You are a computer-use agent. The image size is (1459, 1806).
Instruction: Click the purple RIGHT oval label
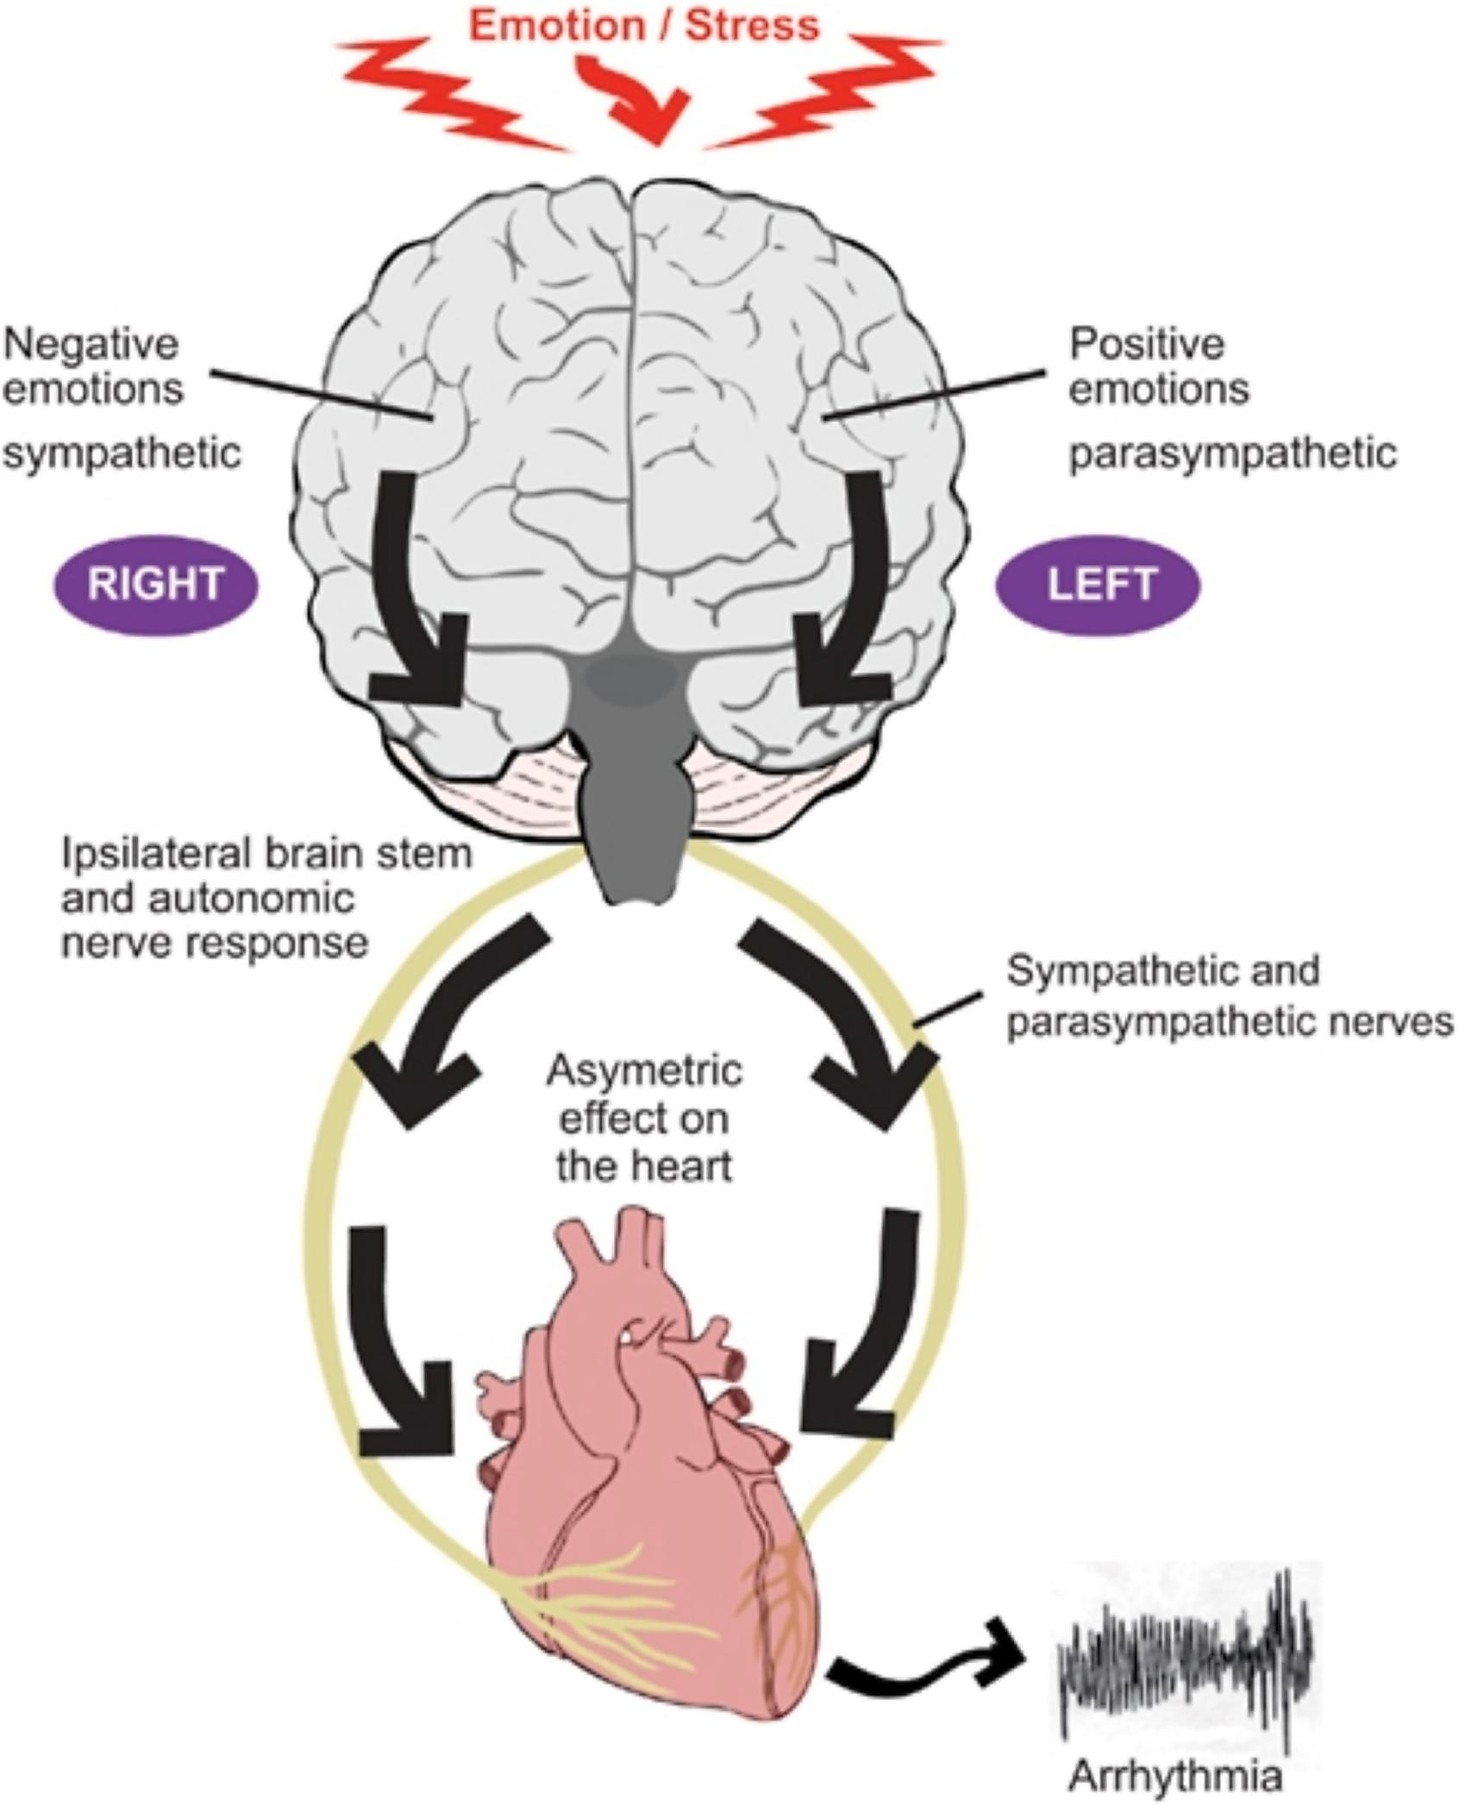pyautogui.click(x=156, y=585)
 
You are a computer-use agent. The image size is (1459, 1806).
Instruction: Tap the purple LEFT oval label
pyautogui.click(x=1098, y=585)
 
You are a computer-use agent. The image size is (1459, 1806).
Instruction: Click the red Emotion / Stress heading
pyautogui.click(x=643, y=26)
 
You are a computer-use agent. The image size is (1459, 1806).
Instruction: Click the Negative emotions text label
pyautogui.click(x=93, y=366)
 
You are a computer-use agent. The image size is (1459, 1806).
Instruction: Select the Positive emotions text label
pyautogui.click(x=1158, y=366)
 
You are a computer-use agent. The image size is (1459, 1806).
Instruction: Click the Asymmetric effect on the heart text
pyautogui.click(x=644, y=1119)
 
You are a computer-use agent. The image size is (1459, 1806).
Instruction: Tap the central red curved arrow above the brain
pyautogui.click(x=638, y=99)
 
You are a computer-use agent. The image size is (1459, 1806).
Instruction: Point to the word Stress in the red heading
pyautogui.click(x=752, y=26)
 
